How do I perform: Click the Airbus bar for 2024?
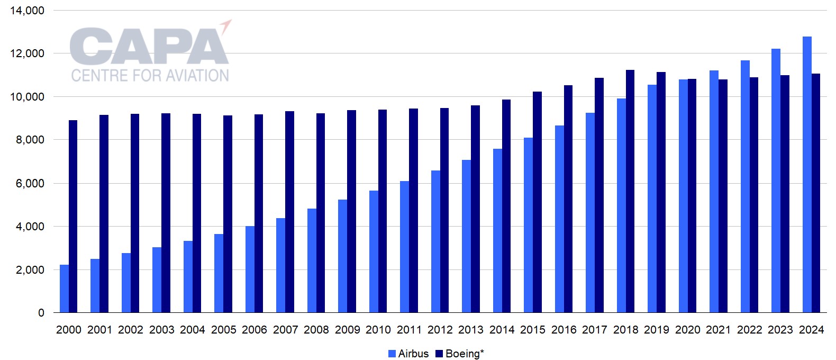[807, 175]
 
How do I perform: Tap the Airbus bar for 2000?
[64, 289]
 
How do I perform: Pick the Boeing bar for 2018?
[630, 191]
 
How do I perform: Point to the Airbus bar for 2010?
[374, 251]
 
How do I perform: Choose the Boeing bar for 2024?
[816, 193]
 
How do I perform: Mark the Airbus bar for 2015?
[528, 225]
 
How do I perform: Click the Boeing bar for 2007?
[290, 212]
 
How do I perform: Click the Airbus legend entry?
[408, 354]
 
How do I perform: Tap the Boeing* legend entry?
[460, 354]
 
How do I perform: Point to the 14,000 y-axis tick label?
[27, 11]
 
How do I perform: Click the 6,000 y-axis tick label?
[30, 183]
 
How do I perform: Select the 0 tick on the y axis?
[41, 313]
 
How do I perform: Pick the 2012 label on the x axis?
[440, 330]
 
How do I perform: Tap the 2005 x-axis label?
[223, 330]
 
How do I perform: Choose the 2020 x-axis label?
[688, 330]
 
